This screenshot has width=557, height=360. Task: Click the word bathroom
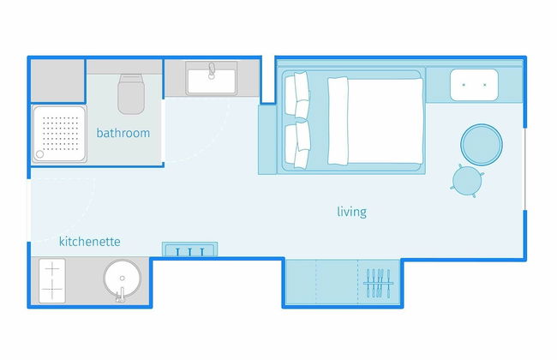[123, 133]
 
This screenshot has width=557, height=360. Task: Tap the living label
[351, 212]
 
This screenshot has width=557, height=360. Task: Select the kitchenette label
[89, 242]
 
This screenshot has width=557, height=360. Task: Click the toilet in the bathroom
[131, 93]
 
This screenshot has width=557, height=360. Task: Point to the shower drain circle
[39, 154]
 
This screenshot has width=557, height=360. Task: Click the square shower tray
[59, 134]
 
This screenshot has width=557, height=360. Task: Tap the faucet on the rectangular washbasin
[212, 70]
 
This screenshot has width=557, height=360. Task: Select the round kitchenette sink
[123, 279]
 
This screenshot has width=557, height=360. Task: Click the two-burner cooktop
[52, 281]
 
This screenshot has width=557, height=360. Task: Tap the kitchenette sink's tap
[121, 295]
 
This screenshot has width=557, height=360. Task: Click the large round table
[482, 144]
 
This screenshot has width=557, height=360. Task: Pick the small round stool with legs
[467, 181]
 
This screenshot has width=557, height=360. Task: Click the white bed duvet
[375, 121]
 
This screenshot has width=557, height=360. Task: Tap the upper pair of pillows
[297, 94]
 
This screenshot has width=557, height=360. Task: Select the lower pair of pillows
[297, 145]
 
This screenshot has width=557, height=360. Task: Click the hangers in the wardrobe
[378, 283]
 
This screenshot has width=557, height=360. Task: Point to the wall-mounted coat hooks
[189, 249]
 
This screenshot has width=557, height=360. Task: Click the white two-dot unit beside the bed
[474, 85]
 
